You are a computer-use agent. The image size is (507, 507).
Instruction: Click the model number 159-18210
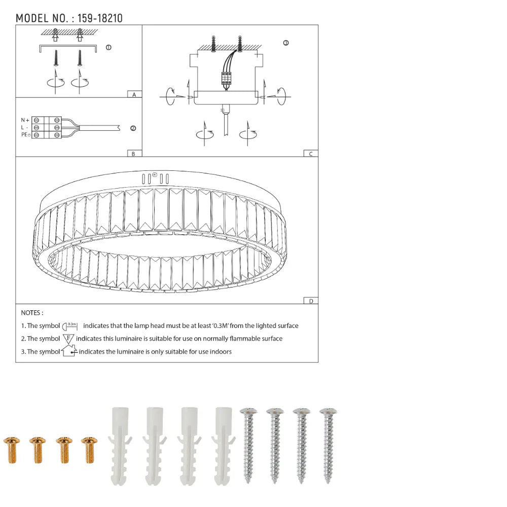point(99,19)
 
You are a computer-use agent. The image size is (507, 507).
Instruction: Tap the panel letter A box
point(134,94)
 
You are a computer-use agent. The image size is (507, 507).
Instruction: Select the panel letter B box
point(133,153)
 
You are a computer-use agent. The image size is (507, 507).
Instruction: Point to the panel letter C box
point(311,153)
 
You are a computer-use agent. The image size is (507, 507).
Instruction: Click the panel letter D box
point(311,301)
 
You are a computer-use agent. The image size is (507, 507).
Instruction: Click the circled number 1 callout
point(108,48)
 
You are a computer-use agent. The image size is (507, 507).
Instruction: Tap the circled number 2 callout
point(133,128)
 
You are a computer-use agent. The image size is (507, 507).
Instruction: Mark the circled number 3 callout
point(286,43)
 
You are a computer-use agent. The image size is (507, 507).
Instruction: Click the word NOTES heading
point(32,313)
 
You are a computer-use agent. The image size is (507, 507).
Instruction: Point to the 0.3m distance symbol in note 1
point(70,326)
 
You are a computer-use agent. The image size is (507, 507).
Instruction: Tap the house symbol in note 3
point(69,351)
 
